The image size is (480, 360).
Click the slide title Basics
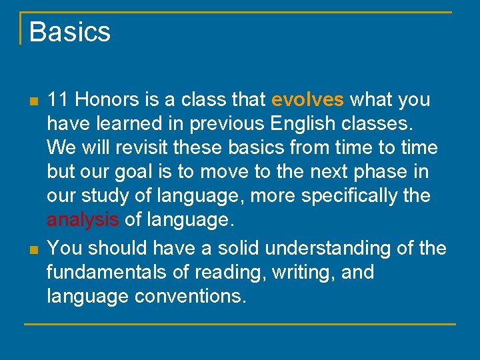[x=69, y=31]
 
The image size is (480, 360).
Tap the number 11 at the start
[x=58, y=100]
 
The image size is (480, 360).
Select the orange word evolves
[x=308, y=100]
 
